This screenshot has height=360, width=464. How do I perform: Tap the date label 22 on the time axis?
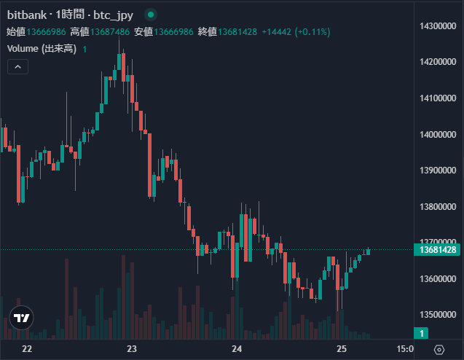pyautogui.click(x=28, y=349)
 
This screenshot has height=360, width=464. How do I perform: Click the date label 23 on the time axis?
pyautogui.click(x=132, y=349)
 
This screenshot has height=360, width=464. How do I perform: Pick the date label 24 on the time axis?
pyautogui.click(x=236, y=349)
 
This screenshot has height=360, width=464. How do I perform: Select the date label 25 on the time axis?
pyautogui.click(x=340, y=349)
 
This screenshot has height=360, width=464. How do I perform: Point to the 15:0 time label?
pyautogui.click(x=405, y=349)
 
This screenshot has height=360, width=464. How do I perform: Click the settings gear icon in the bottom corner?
pyautogui.click(x=439, y=350)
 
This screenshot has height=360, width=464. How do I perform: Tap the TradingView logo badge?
pyautogui.click(x=22, y=318)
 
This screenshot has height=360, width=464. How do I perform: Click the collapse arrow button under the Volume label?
pyautogui.click(x=17, y=66)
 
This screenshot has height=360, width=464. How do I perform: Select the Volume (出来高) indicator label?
pyautogui.click(x=42, y=49)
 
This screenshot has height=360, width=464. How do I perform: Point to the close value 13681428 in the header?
pyautogui.click(x=237, y=31)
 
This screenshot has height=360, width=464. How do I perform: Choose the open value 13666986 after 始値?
pyautogui.click(x=47, y=31)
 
